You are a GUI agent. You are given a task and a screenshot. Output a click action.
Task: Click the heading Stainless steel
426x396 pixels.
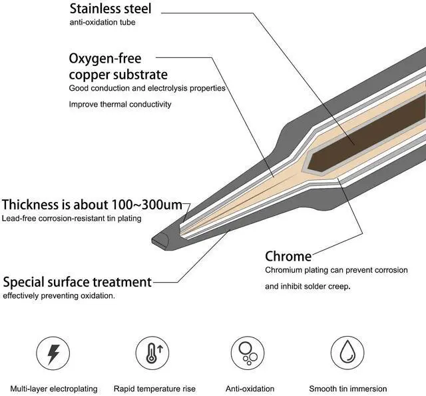(x=110, y=9)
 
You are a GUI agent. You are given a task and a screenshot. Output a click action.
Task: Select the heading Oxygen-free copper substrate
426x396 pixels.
(x=118, y=66)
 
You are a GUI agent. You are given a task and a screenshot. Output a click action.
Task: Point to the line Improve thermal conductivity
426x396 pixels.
(x=120, y=104)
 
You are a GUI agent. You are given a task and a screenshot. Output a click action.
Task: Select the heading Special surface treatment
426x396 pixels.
(x=77, y=281)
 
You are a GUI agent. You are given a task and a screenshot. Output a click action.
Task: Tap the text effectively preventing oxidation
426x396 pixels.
(x=59, y=295)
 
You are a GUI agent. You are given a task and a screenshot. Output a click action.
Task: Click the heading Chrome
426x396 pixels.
(x=288, y=256)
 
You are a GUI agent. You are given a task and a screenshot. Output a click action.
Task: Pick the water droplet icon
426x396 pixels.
(x=347, y=351)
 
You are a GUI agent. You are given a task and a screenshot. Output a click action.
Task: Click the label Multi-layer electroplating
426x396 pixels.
(x=54, y=389)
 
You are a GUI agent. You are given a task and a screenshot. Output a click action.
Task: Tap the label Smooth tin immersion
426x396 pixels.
(x=347, y=389)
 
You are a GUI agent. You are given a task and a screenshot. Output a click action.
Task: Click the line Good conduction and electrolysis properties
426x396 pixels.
(x=147, y=88)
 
